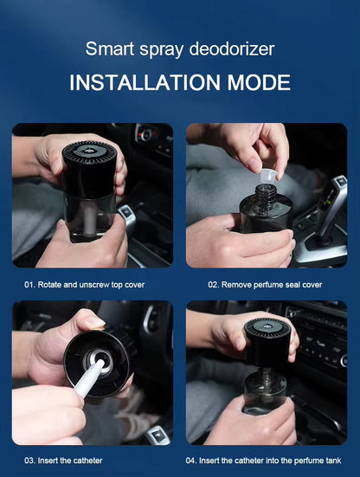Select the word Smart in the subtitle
pos(108,49)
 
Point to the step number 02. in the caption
pos(214,283)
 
